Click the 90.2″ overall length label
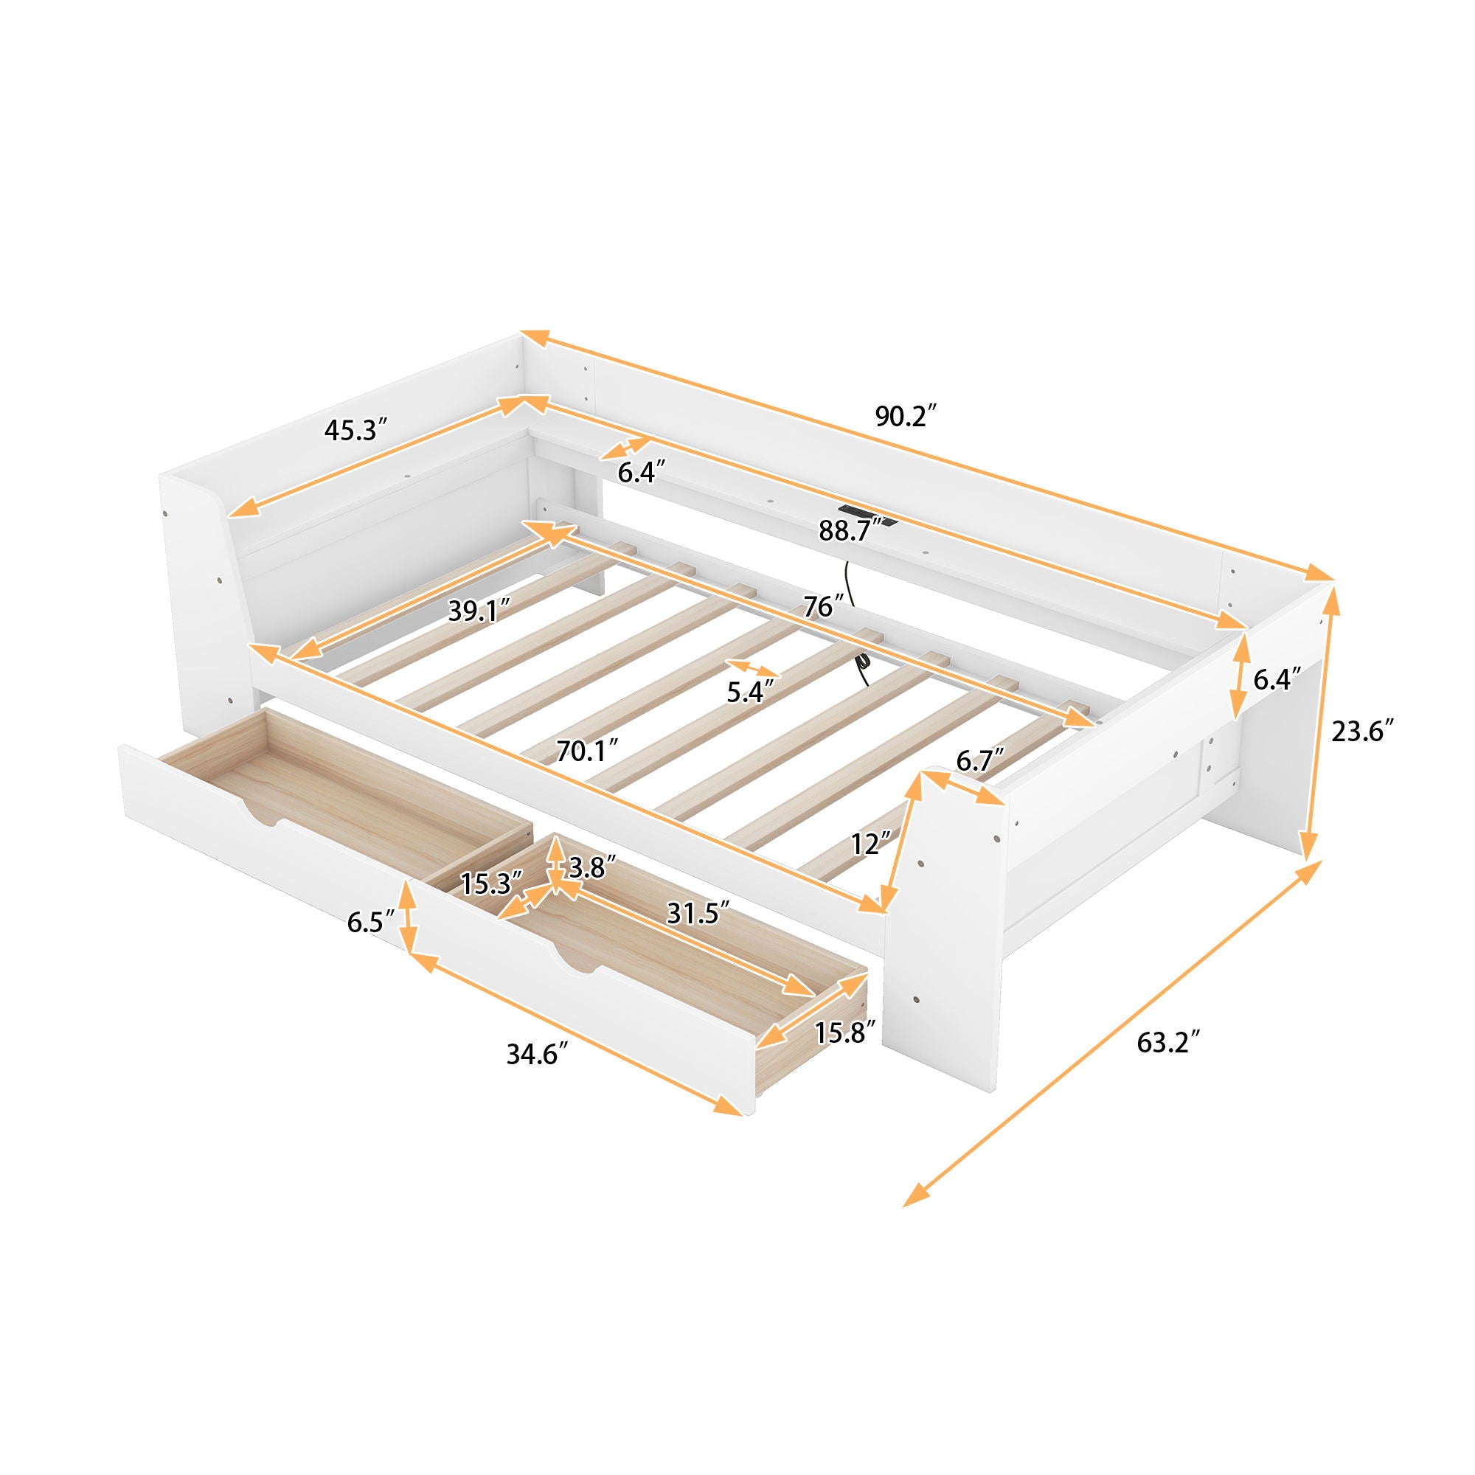(x=906, y=416)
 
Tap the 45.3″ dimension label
(x=352, y=431)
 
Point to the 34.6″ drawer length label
(x=538, y=1055)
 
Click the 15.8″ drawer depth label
(x=844, y=1034)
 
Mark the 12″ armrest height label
(x=872, y=844)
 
